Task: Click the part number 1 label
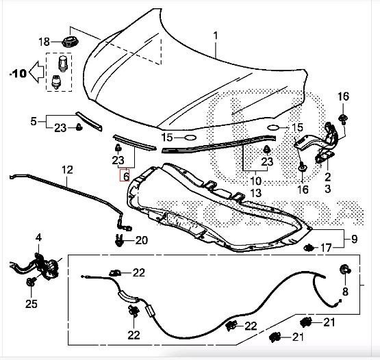pos(216,36)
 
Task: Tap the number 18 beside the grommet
pos(44,42)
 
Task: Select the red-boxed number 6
pos(126,176)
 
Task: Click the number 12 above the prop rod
pos(67,170)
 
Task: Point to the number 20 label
pos(142,240)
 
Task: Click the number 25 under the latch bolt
pos(31,304)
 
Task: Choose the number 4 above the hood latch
pos(38,238)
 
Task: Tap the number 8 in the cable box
pos(345,292)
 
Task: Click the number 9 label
pos(354,240)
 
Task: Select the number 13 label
pos(255,193)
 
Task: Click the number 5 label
pos(34,121)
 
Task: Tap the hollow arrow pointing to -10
pos(36,72)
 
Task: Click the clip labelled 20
pos(118,240)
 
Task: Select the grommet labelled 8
pos(345,269)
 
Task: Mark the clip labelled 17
pos(309,248)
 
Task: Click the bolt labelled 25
pos(31,282)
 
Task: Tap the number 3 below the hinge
pos(328,188)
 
